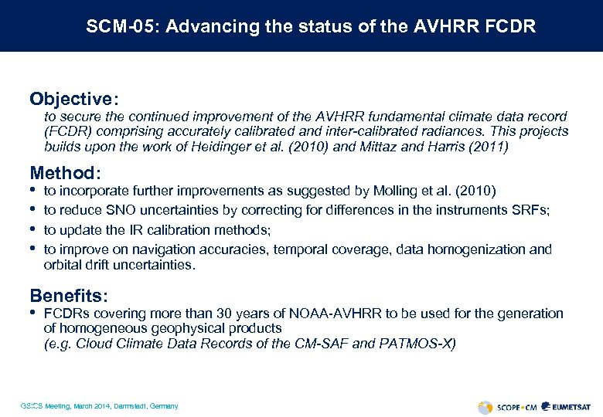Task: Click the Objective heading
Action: point(72,100)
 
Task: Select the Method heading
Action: point(64,173)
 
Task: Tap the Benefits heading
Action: point(68,296)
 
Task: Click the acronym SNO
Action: point(121,210)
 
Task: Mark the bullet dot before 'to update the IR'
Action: point(32,229)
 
